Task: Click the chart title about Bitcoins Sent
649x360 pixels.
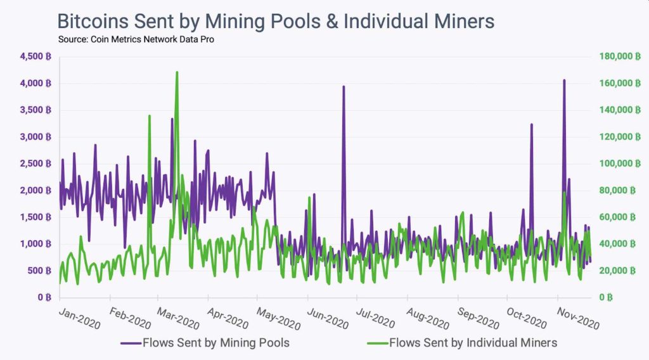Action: (x=276, y=21)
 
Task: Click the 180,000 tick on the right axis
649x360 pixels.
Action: (x=618, y=56)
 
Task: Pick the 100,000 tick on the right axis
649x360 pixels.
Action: (x=618, y=164)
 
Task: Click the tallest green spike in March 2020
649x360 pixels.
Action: (x=177, y=72)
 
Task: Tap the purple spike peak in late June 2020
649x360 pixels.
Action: (x=344, y=86)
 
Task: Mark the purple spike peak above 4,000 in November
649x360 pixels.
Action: (x=563, y=80)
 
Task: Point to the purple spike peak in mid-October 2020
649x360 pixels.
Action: (x=531, y=124)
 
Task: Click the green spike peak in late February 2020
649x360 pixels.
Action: (x=149, y=116)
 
